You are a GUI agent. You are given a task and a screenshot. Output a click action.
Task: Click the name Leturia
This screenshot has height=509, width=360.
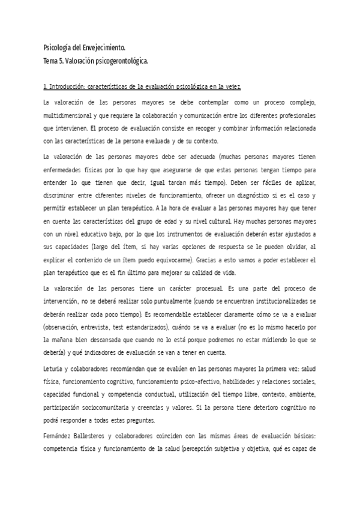(56, 369)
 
